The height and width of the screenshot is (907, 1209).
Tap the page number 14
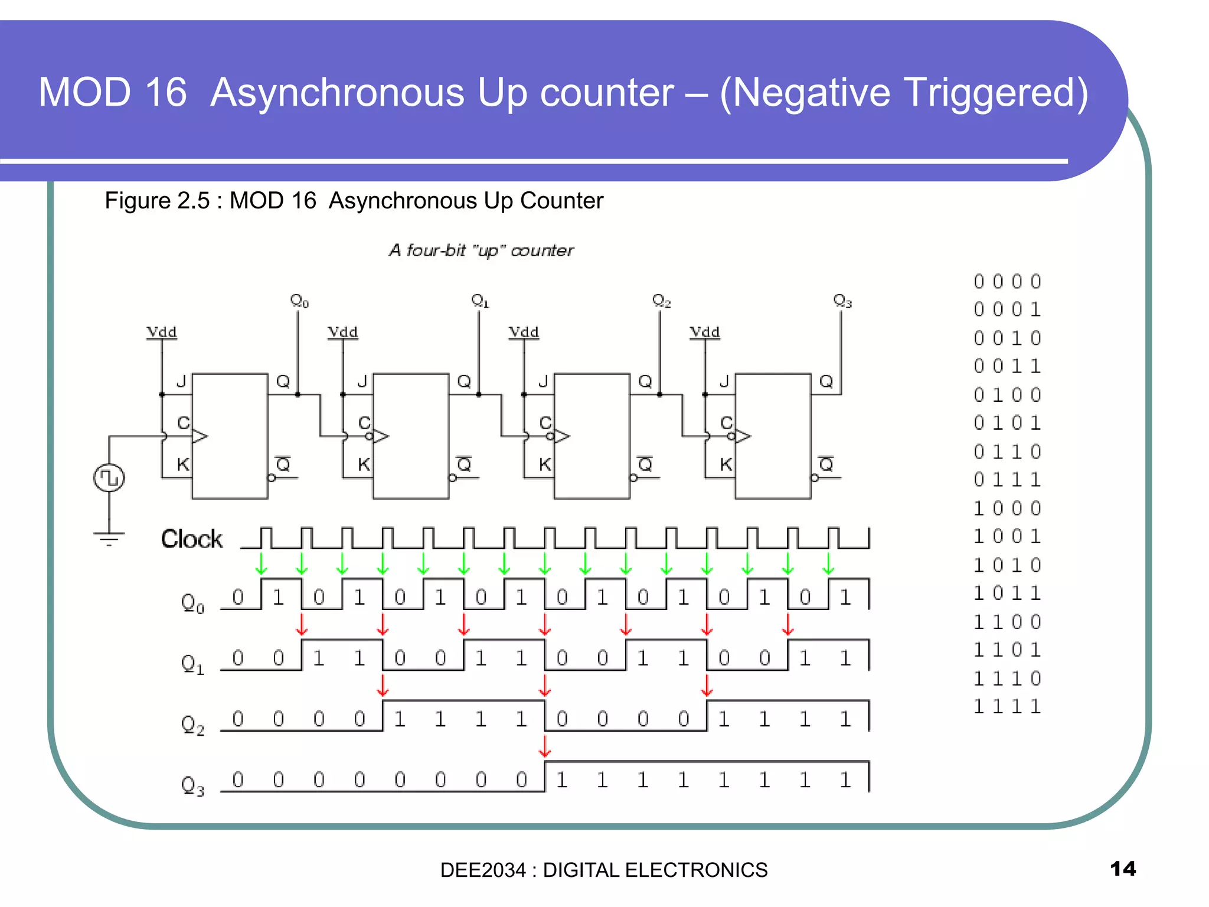tap(1122, 869)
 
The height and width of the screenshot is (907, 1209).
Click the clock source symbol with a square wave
tap(109, 478)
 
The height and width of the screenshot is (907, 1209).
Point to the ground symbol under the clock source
tap(109, 537)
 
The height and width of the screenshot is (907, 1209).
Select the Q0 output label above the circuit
tap(299, 301)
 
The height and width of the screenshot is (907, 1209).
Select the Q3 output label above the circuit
tap(842, 301)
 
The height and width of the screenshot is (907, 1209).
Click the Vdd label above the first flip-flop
tap(162, 332)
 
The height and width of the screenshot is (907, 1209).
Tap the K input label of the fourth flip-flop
tap(726, 465)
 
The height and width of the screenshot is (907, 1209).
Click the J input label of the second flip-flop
tap(362, 381)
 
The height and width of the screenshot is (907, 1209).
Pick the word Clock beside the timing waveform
tap(192, 539)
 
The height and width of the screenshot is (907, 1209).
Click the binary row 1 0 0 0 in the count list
tap(1007, 508)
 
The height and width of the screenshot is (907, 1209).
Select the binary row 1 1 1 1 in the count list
tap(1007, 706)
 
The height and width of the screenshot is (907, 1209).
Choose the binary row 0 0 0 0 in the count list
tap(1007, 282)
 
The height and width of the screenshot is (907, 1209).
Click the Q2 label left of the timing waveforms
tap(192, 725)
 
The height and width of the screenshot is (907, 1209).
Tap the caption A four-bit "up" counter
tap(481, 250)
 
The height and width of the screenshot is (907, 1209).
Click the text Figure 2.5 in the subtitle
tap(157, 201)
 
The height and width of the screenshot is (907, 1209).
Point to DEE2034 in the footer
tap(482, 870)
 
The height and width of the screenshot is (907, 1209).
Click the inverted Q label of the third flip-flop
tap(645, 465)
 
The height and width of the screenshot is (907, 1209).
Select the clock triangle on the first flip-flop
tap(200, 436)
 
